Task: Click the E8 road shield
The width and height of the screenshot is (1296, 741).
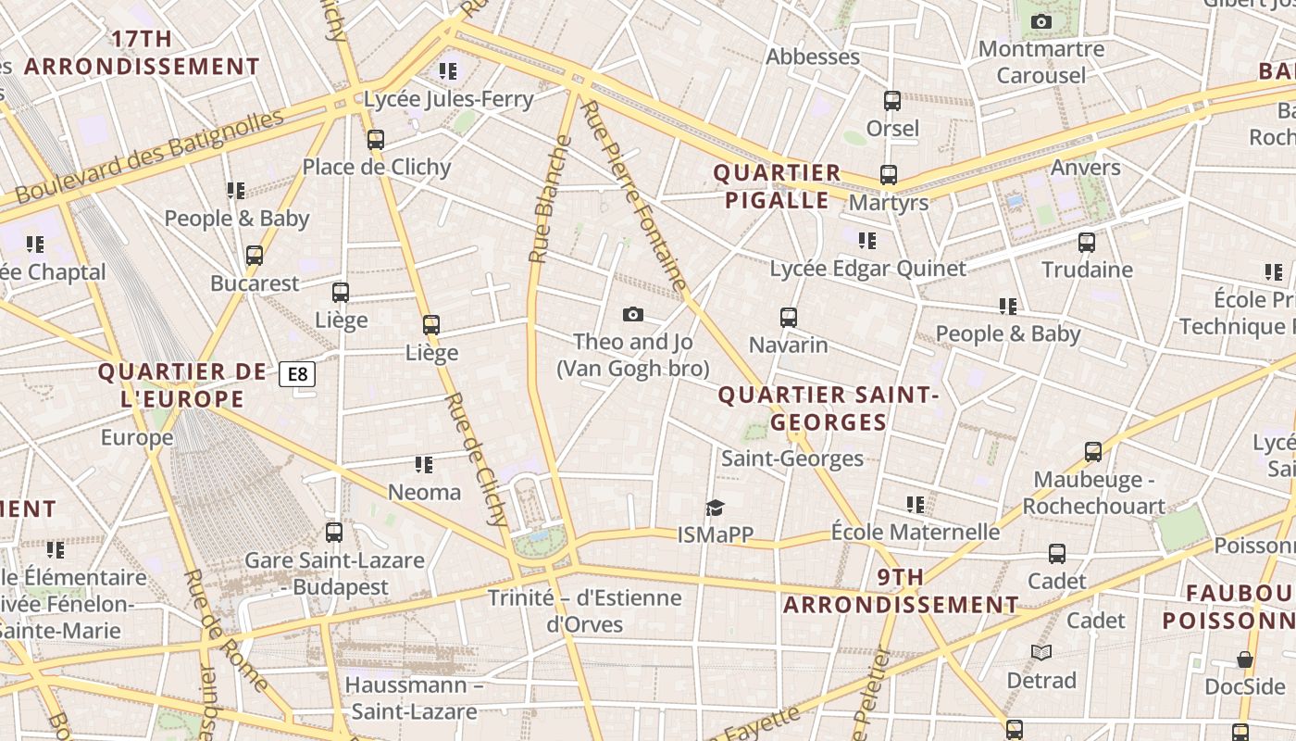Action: point(297,374)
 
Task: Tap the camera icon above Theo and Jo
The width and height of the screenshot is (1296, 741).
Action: point(633,314)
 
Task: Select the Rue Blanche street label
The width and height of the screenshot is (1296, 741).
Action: point(550,199)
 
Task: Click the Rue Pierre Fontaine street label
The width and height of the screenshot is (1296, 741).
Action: point(635,195)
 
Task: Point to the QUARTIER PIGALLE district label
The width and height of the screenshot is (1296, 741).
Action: point(777,186)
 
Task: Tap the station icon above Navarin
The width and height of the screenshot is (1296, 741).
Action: point(789,318)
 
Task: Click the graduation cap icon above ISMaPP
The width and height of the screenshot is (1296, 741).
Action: point(715,508)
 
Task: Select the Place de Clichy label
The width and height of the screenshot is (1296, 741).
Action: point(377,168)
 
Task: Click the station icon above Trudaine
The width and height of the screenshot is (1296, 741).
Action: point(1087,243)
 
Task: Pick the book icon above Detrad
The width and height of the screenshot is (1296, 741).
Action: point(1041,653)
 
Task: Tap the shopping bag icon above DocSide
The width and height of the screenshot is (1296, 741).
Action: point(1245,659)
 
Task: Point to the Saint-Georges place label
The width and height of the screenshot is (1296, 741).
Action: point(791,458)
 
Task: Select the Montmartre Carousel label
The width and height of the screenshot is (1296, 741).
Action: point(1041,61)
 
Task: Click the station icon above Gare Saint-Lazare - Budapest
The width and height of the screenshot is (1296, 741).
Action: point(334,533)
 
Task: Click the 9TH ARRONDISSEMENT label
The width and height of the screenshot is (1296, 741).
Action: point(901,591)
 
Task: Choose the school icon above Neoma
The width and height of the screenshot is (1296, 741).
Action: point(424,464)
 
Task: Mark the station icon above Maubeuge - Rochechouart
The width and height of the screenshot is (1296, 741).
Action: point(1093,452)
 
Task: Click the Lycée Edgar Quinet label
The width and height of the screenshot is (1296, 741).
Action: point(867,269)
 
